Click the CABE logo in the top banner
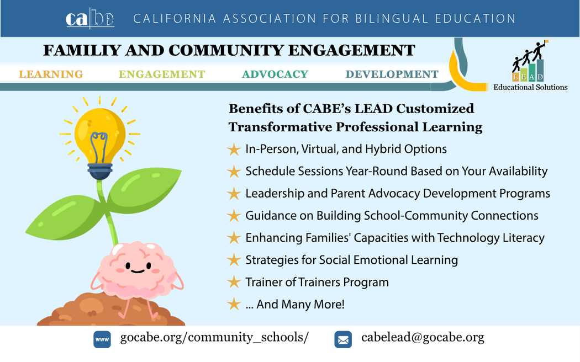(90, 18)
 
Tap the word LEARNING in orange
(51, 74)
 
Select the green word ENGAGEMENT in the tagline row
(162, 74)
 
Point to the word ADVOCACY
(275, 74)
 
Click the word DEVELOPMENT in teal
(392, 74)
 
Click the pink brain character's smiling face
(138, 267)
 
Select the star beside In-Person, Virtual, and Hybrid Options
(234, 149)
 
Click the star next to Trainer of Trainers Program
(234, 282)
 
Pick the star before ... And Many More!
(234, 305)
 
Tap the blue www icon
(102, 339)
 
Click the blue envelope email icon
(343, 339)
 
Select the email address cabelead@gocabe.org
(423, 337)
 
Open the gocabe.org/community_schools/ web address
(214, 338)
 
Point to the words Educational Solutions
(530, 87)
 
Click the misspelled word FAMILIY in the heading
(82, 50)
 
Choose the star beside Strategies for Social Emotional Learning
(234, 260)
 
